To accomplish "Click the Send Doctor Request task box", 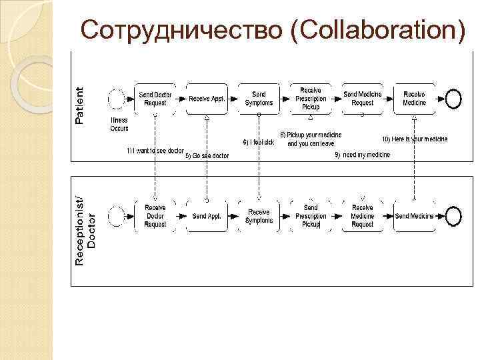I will [x=155, y=99].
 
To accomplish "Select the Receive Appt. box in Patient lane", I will [x=207, y=99].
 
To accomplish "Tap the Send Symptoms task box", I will [x=259, y=99].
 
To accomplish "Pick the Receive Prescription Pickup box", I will [x=311, y=98].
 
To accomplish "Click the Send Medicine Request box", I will [x=363, y=99].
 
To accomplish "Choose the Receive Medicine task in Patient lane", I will [x=414, y=99].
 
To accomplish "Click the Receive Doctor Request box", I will [x=155, y=216].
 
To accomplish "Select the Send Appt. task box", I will [x=207, y=216].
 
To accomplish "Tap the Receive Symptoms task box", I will [x=259, y=216].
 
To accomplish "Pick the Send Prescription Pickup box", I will [x=311, y=216].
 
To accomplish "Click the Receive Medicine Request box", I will [x=363, y=216].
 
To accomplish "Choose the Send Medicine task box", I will [x=414, y=216].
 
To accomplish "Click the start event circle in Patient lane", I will [x=117, y=99].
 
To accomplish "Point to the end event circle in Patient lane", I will [x=453, y=99].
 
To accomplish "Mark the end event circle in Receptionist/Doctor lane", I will [x=453, y=216].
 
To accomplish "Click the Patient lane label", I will [x=80, y=105].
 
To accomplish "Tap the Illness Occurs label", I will [x=119, y=124].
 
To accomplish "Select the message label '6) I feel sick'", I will [x=259, y=142].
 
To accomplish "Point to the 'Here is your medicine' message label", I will [x=415, y=139].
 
